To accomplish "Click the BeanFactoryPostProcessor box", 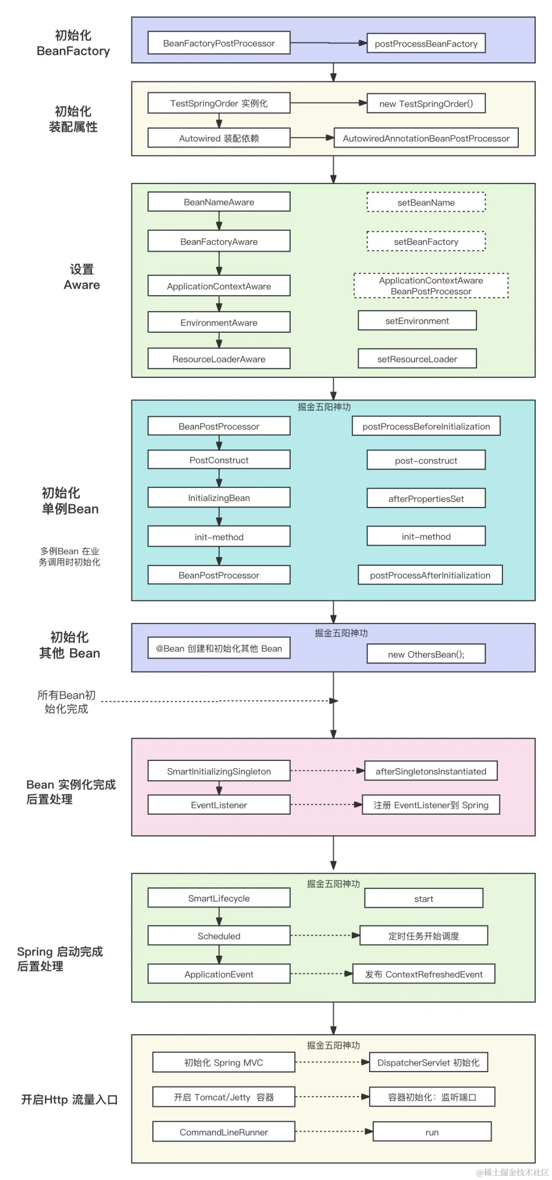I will pyautogui.click(x=219, y=43).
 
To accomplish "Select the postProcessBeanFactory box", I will pyautogui.click(x=426, y=43).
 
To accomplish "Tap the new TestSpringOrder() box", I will pyautogui.click(x=426, y=103).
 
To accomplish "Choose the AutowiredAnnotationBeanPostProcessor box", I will pyautogui.click(x=426, y=138).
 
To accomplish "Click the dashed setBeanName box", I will pyautogui.click(x=426, y=202).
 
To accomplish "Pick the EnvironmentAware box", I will pyautogui.click(x=219, y=322).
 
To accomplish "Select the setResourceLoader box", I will pyautogui.click(x=417, y=359).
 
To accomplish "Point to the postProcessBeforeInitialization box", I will pyautogui.click(x=426, y=426).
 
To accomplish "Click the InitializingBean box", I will pyautogui.click(x=219, y=498).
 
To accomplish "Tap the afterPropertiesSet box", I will pyautogui.click(x=426, y=498).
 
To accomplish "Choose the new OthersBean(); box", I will pyautogui.click(x=426, y=654).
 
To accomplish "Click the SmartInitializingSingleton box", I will pyautogui.click(x=219, y=771).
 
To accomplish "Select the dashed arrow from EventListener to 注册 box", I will pyautogui.click(x=326, y=805).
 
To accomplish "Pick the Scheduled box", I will pyautogui.click(x=219, y=936).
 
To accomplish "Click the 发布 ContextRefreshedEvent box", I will pyautogui.click(x=424, y=974).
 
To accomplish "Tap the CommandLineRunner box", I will pyautogui.click(x=223, y=1132).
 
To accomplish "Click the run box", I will pyautogui.click(x=432, y=1132).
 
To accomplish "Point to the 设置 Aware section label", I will pyautogui.click(x=82, y=277).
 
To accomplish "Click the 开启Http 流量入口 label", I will pyautogui.click(x=70, y=1099).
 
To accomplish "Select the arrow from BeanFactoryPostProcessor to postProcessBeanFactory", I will pyautogui.click(x=328, y=43).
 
